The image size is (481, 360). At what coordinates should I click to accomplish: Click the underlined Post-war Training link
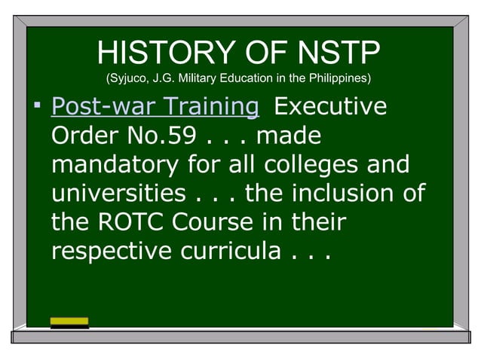[155, 107]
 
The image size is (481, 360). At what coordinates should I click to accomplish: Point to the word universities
[118, 194]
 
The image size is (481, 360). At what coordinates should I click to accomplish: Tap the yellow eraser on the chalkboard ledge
[69, 322]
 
